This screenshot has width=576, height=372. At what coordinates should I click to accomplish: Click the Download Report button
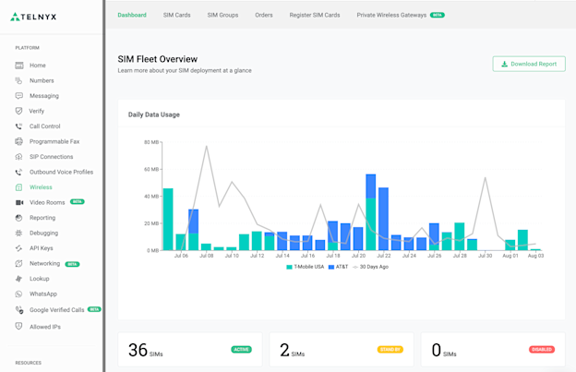[x=529, y=64]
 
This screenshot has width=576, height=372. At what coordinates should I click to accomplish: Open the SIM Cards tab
[x=176, y=15]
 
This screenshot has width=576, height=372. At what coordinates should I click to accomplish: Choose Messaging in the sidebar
[x=43, y=96]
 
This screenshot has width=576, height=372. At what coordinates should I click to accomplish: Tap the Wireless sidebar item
[x=41, y=187]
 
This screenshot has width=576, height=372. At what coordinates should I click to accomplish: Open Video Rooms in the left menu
[x=47, y=202]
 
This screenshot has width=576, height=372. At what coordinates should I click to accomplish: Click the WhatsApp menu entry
[x=42, y=294]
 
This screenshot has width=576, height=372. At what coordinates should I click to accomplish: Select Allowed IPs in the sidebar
[x=45, y=327]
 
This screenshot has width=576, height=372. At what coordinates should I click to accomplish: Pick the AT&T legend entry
[x=342, y=267]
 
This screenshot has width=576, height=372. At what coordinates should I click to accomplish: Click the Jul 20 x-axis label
[x=358, y=256]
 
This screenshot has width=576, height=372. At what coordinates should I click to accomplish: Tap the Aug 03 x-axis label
[x=535, y=256]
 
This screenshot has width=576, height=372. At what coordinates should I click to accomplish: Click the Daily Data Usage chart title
[x=154, y=114]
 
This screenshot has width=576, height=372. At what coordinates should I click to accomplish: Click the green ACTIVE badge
[x=241, y=350]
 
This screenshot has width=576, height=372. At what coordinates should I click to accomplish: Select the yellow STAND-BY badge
[x=390, y=350]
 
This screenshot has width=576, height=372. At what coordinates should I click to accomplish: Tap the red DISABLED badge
[x=541, y=350]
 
